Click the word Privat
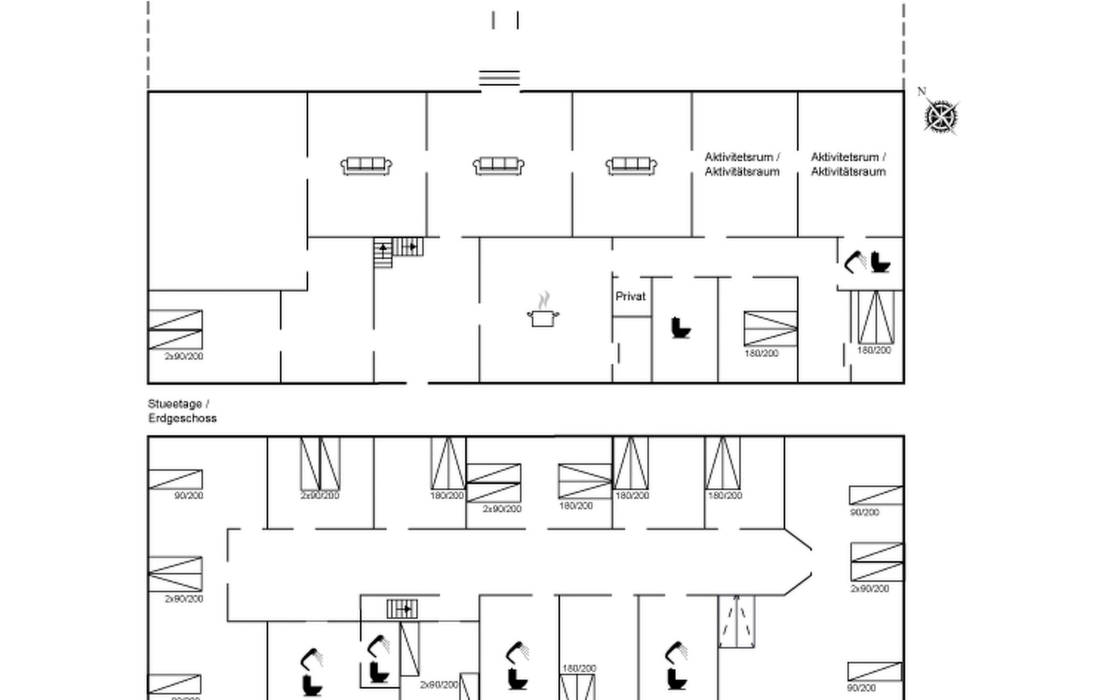pos(630,296)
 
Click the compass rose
pos(941,117)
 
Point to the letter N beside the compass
pos(921,92)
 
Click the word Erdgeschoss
pos(182,418)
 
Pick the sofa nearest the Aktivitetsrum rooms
pos(631,166)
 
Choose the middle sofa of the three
pos(498,166)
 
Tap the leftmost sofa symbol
pos(366,166)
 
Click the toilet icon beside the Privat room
pos(680,327)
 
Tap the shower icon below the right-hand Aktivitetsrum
pos(855,262)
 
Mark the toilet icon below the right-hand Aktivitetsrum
pos(880,262)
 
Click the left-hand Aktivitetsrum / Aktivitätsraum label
pos(742,164)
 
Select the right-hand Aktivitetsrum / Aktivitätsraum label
pos(848,164)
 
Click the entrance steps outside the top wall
pos(499,78)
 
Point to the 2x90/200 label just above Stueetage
pos(184,356)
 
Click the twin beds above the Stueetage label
pos(175,330)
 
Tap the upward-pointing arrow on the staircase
pos(383,249)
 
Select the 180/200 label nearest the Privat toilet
pos(761,353)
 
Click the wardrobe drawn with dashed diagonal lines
pos(736,621)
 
